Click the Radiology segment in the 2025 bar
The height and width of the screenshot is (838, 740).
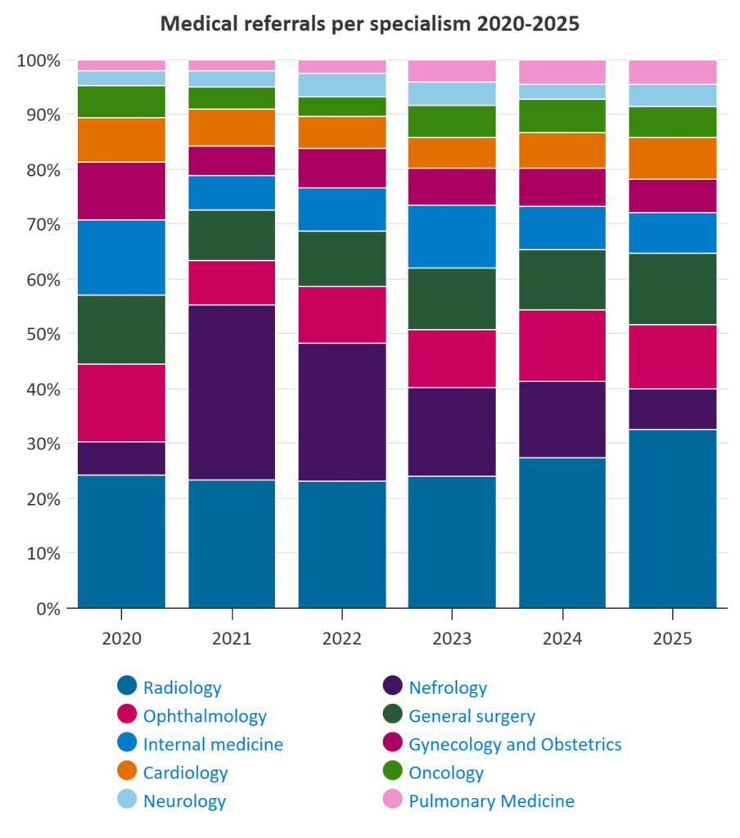[x=673, y=518]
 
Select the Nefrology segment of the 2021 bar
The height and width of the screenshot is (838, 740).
[x=232, y=392]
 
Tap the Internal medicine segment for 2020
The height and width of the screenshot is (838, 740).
[x=121, y=257]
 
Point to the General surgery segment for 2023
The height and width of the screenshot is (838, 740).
[x=452, y=299]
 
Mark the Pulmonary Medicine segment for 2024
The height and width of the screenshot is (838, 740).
[x=562, y=72]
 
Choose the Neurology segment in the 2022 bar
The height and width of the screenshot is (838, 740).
[x=341, y=85]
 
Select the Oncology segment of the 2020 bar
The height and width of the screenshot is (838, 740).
[x=121, y=101]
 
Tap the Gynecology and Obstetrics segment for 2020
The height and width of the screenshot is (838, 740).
[x=121, y=191]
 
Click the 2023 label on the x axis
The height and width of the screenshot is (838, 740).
[x=452, y=638]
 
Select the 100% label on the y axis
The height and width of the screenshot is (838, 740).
[x=38, y=61]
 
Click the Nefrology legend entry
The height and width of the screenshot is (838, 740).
[x=447, y=687]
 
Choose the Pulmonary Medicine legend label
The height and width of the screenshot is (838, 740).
[x=491, y=800]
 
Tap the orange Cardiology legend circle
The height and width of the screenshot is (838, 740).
[x=127, y=772]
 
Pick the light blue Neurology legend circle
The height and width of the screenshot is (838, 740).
[x=127, y=800]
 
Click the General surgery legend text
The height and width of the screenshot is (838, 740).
[x=472, y=716]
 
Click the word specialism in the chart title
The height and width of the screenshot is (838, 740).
[x=412, y=25]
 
